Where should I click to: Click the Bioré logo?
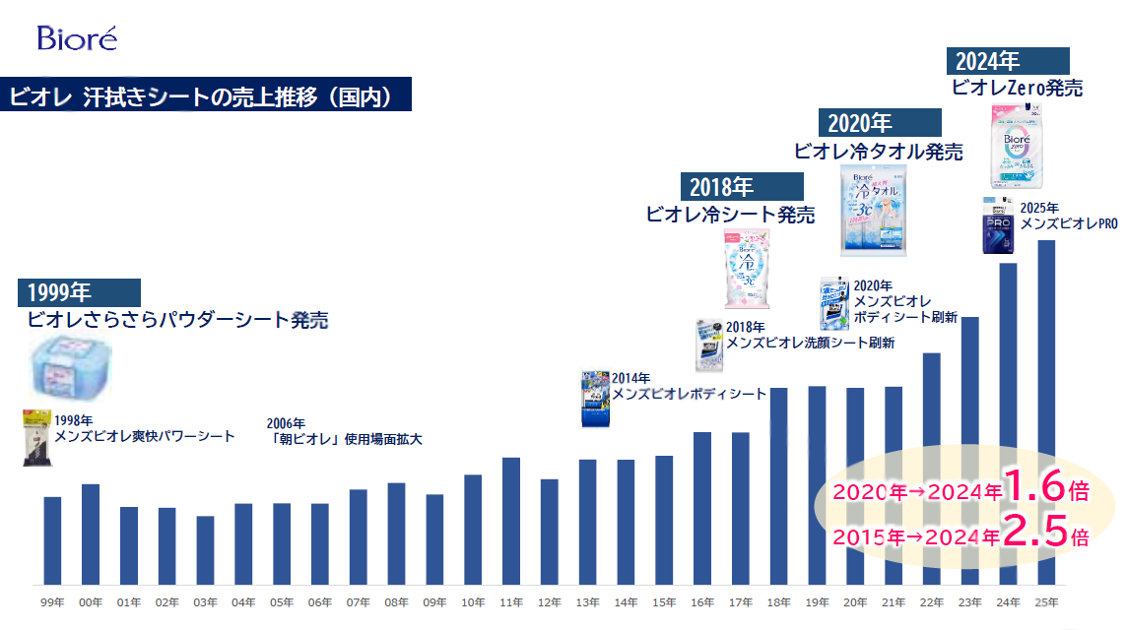[77, 38]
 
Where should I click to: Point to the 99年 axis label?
[52, 601]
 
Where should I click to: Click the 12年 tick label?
[549, 601]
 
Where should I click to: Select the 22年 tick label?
[931, 601]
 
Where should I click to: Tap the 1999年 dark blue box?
[80, 292]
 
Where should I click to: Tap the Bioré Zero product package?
[1018, 147]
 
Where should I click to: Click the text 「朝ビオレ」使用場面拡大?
[345, 439]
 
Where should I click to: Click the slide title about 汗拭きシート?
[203, 96]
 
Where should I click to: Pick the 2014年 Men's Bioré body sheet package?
[596, 399]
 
